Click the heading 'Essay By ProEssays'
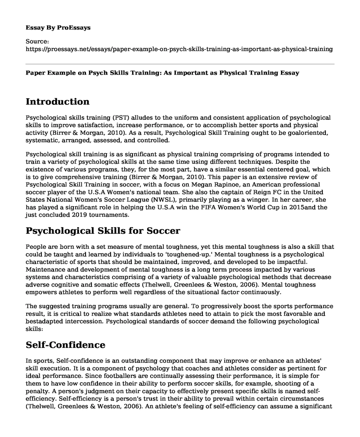(x=58, y=27)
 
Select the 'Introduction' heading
(x=58, y=102)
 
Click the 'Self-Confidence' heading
(x=65, y=345)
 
